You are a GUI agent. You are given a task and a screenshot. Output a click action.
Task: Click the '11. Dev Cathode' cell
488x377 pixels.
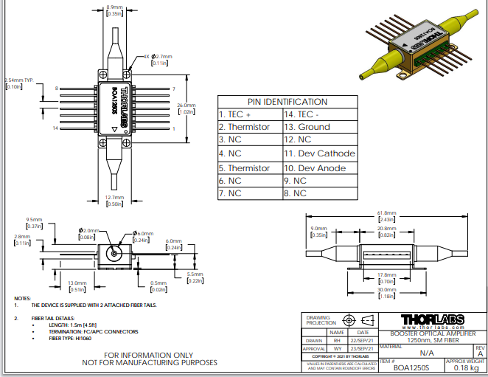pyautogui.click(x=319, y=154)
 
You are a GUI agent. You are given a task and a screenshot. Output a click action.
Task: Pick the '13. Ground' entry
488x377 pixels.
pyautogui.click(x=307, y=127)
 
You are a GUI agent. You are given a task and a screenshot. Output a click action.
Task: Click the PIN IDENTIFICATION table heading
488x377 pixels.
pyautogui.click(x=287, y=102)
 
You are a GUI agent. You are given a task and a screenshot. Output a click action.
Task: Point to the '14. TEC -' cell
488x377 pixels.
pyautogui.click(x=301, y=114)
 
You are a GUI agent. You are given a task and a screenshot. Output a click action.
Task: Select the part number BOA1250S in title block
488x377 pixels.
pyautogui.click(x=410, y=367)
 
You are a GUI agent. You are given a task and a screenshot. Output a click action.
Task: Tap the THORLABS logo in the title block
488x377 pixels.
pyautogui.click(x=432, y=319)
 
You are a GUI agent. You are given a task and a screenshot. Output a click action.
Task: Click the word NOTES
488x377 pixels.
pyautogui.click(x=23, y=298)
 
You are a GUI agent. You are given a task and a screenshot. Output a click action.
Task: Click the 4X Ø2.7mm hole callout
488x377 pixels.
pyautogui.click(x=159, y=55)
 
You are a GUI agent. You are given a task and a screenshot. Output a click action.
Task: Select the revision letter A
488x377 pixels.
pyautogui.click(x=480, y=354)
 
